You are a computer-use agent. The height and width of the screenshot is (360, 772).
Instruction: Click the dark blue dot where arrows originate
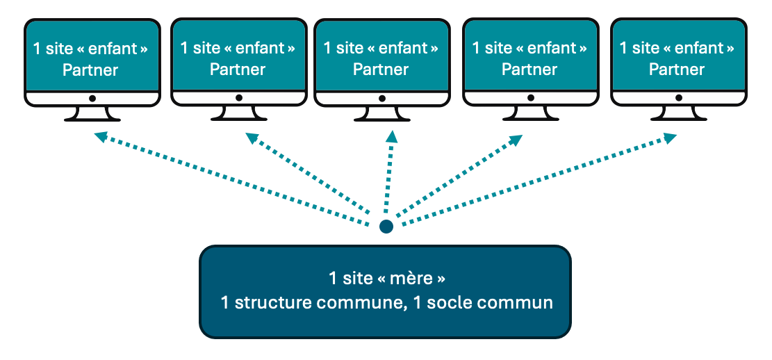coord(386,227)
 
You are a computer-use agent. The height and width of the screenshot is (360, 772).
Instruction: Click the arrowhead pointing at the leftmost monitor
coord(100,136)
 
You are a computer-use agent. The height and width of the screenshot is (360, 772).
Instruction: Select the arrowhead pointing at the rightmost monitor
coord(670,138)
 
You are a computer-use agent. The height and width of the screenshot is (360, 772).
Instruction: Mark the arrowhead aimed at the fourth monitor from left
coord(516,139)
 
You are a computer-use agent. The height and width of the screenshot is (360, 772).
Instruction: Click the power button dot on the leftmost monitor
coord(92,99)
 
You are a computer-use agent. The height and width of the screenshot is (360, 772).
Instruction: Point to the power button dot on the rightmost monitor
coord(677,99)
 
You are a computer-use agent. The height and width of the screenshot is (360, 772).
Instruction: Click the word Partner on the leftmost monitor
coord(90,70)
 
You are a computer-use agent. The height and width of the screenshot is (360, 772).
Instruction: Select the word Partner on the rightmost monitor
coord(677,69)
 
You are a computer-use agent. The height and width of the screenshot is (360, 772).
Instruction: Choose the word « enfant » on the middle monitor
coord(403,49)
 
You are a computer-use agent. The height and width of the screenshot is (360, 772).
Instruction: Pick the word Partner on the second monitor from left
coord(238,69)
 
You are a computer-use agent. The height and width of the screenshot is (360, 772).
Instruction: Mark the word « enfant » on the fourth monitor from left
coord(552,48)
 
